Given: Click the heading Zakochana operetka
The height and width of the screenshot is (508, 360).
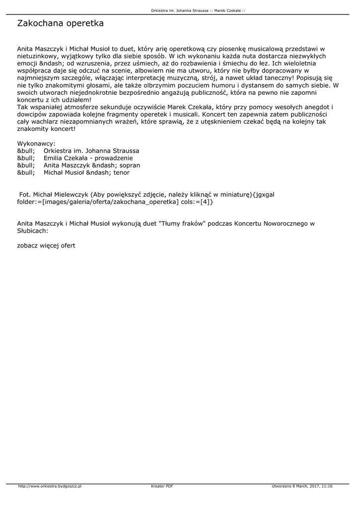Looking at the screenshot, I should [60, 23].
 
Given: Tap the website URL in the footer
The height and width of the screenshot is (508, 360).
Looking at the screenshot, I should [50, 486].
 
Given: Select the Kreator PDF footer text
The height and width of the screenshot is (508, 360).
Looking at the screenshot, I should [162, 486].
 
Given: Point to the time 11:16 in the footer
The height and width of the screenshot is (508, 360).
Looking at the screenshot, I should [327, 486].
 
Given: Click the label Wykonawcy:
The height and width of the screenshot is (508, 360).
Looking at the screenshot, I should [36, 143].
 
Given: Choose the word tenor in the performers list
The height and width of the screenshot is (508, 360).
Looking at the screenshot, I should [122, 173].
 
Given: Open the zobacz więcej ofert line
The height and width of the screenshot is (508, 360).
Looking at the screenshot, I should [46, 246].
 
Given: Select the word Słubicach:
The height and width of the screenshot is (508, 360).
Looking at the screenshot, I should [33, 231].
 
